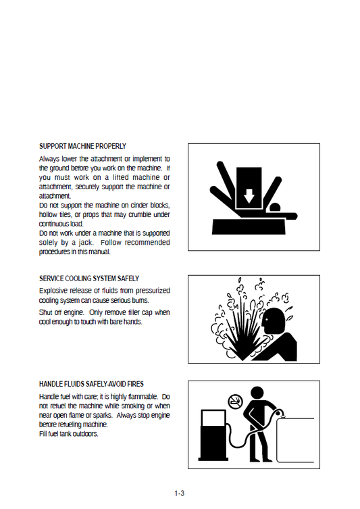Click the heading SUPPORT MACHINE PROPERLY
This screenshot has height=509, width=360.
click(x=82, y=146)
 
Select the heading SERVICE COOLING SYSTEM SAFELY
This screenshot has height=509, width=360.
click(x=89, y=278)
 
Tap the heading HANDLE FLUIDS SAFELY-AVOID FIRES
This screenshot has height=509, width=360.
click(x=91, y=384)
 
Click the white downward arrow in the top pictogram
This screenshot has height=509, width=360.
click(x=249, y=195)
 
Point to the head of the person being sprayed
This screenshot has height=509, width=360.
click(x=274, y=319)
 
